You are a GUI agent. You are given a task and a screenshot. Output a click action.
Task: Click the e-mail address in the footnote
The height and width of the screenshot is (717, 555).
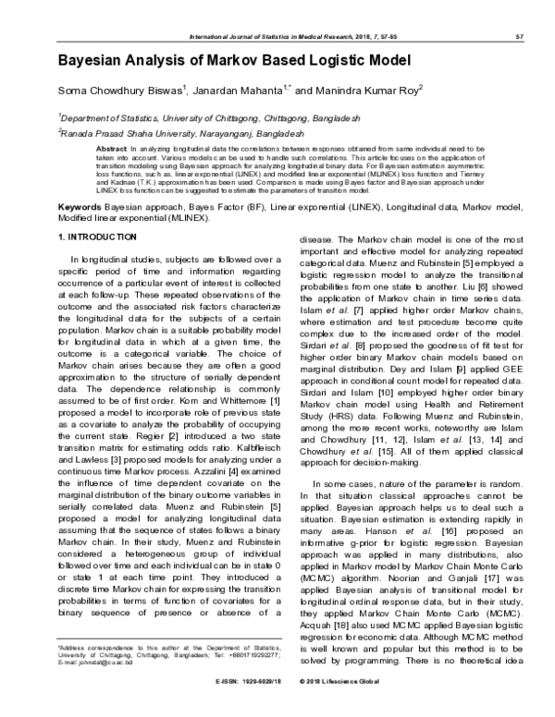[91, 688]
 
